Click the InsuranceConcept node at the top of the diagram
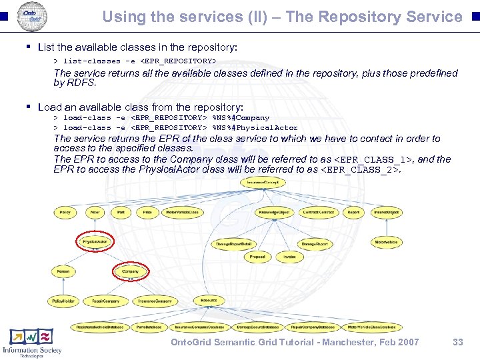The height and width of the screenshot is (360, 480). point(265,182)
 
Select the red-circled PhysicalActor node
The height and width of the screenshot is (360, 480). point(95,241)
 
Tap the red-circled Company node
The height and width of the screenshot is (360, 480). point(130,271)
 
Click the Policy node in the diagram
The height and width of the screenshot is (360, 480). point(65,212)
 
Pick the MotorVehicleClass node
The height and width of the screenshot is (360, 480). point(182,212)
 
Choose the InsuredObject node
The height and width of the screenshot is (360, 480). point(386,212)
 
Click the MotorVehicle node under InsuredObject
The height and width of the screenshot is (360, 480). point(386,242)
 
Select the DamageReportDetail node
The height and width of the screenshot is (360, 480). point(234,245)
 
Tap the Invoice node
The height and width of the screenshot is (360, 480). point(289,257)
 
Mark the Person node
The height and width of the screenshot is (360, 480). point(63,271)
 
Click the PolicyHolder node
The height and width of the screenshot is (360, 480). point(65,301)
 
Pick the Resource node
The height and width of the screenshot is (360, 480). point(208,301)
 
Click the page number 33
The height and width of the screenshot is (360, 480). point(457,342)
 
